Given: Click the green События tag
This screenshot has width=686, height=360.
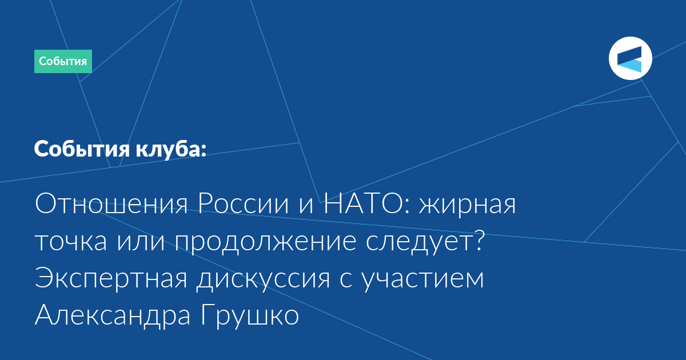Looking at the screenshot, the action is tap(63, 61).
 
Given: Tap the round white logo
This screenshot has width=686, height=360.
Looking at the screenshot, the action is tap(630, 58).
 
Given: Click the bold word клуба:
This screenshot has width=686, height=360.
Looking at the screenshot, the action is tap(171, 149).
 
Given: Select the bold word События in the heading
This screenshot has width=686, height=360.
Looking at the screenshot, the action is tap(82, 149).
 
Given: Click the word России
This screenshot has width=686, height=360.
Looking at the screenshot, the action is tap(243, 204).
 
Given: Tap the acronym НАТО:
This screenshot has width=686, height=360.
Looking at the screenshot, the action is tap(366, 204).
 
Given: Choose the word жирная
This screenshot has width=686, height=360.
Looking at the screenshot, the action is tap(468, 207).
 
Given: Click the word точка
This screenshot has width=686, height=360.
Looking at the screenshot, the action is tap(71, 242).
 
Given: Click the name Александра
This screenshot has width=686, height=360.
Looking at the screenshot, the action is tap(113, 316).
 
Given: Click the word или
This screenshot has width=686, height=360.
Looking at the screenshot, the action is tap(141, 242).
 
